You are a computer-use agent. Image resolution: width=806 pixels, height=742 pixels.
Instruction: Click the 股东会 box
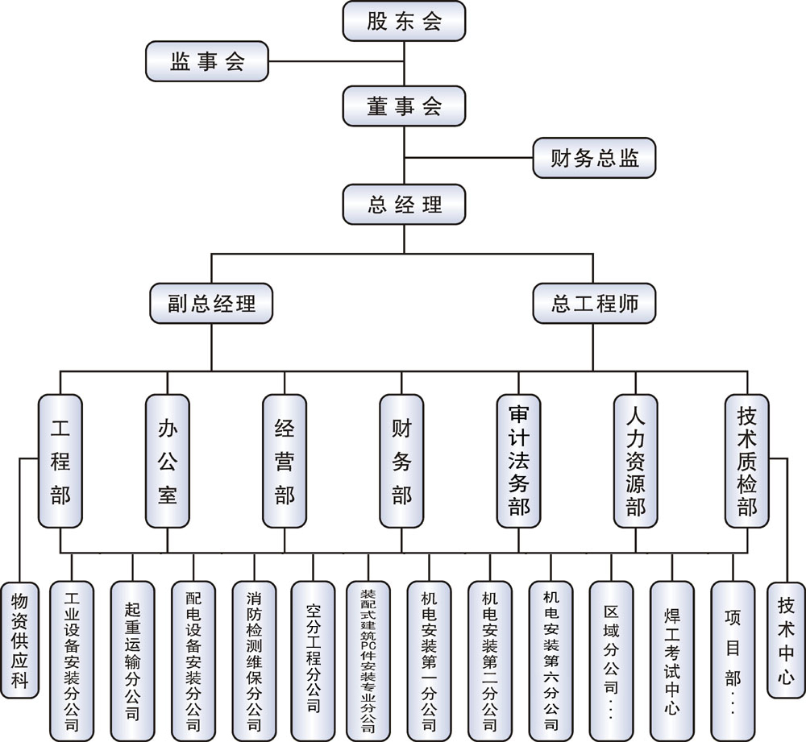click(404, 21)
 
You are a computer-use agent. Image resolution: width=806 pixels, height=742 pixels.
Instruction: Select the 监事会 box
click(207, 61)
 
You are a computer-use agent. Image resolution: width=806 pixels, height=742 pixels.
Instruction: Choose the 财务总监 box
click(595, 158)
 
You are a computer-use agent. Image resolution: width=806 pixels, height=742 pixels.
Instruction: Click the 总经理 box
click(404, 204)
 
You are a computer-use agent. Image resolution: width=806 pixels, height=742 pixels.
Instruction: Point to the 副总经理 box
click(211, 304)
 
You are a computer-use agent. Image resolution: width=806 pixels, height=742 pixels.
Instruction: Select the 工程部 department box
click(60, 461)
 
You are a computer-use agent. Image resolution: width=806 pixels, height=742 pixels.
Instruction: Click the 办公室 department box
click(167, 461)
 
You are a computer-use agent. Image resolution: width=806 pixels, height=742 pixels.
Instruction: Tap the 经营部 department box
click(285, 461)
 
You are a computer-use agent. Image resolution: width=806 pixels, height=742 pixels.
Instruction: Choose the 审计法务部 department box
click(518, 461)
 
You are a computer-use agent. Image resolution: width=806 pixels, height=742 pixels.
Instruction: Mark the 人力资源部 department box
click(635, 461)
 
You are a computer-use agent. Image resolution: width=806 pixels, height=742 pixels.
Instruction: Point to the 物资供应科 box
click(19, 639)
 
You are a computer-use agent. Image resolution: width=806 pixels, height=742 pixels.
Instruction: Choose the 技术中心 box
click(786, 639)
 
